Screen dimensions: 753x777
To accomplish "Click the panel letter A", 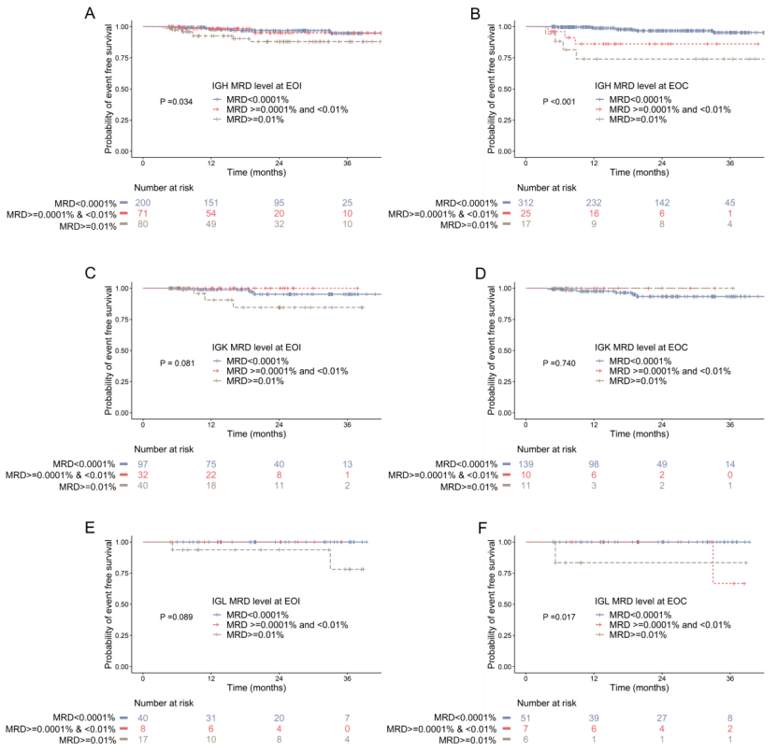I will coord(90,13).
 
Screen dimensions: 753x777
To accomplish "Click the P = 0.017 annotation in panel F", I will coord(561,617).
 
